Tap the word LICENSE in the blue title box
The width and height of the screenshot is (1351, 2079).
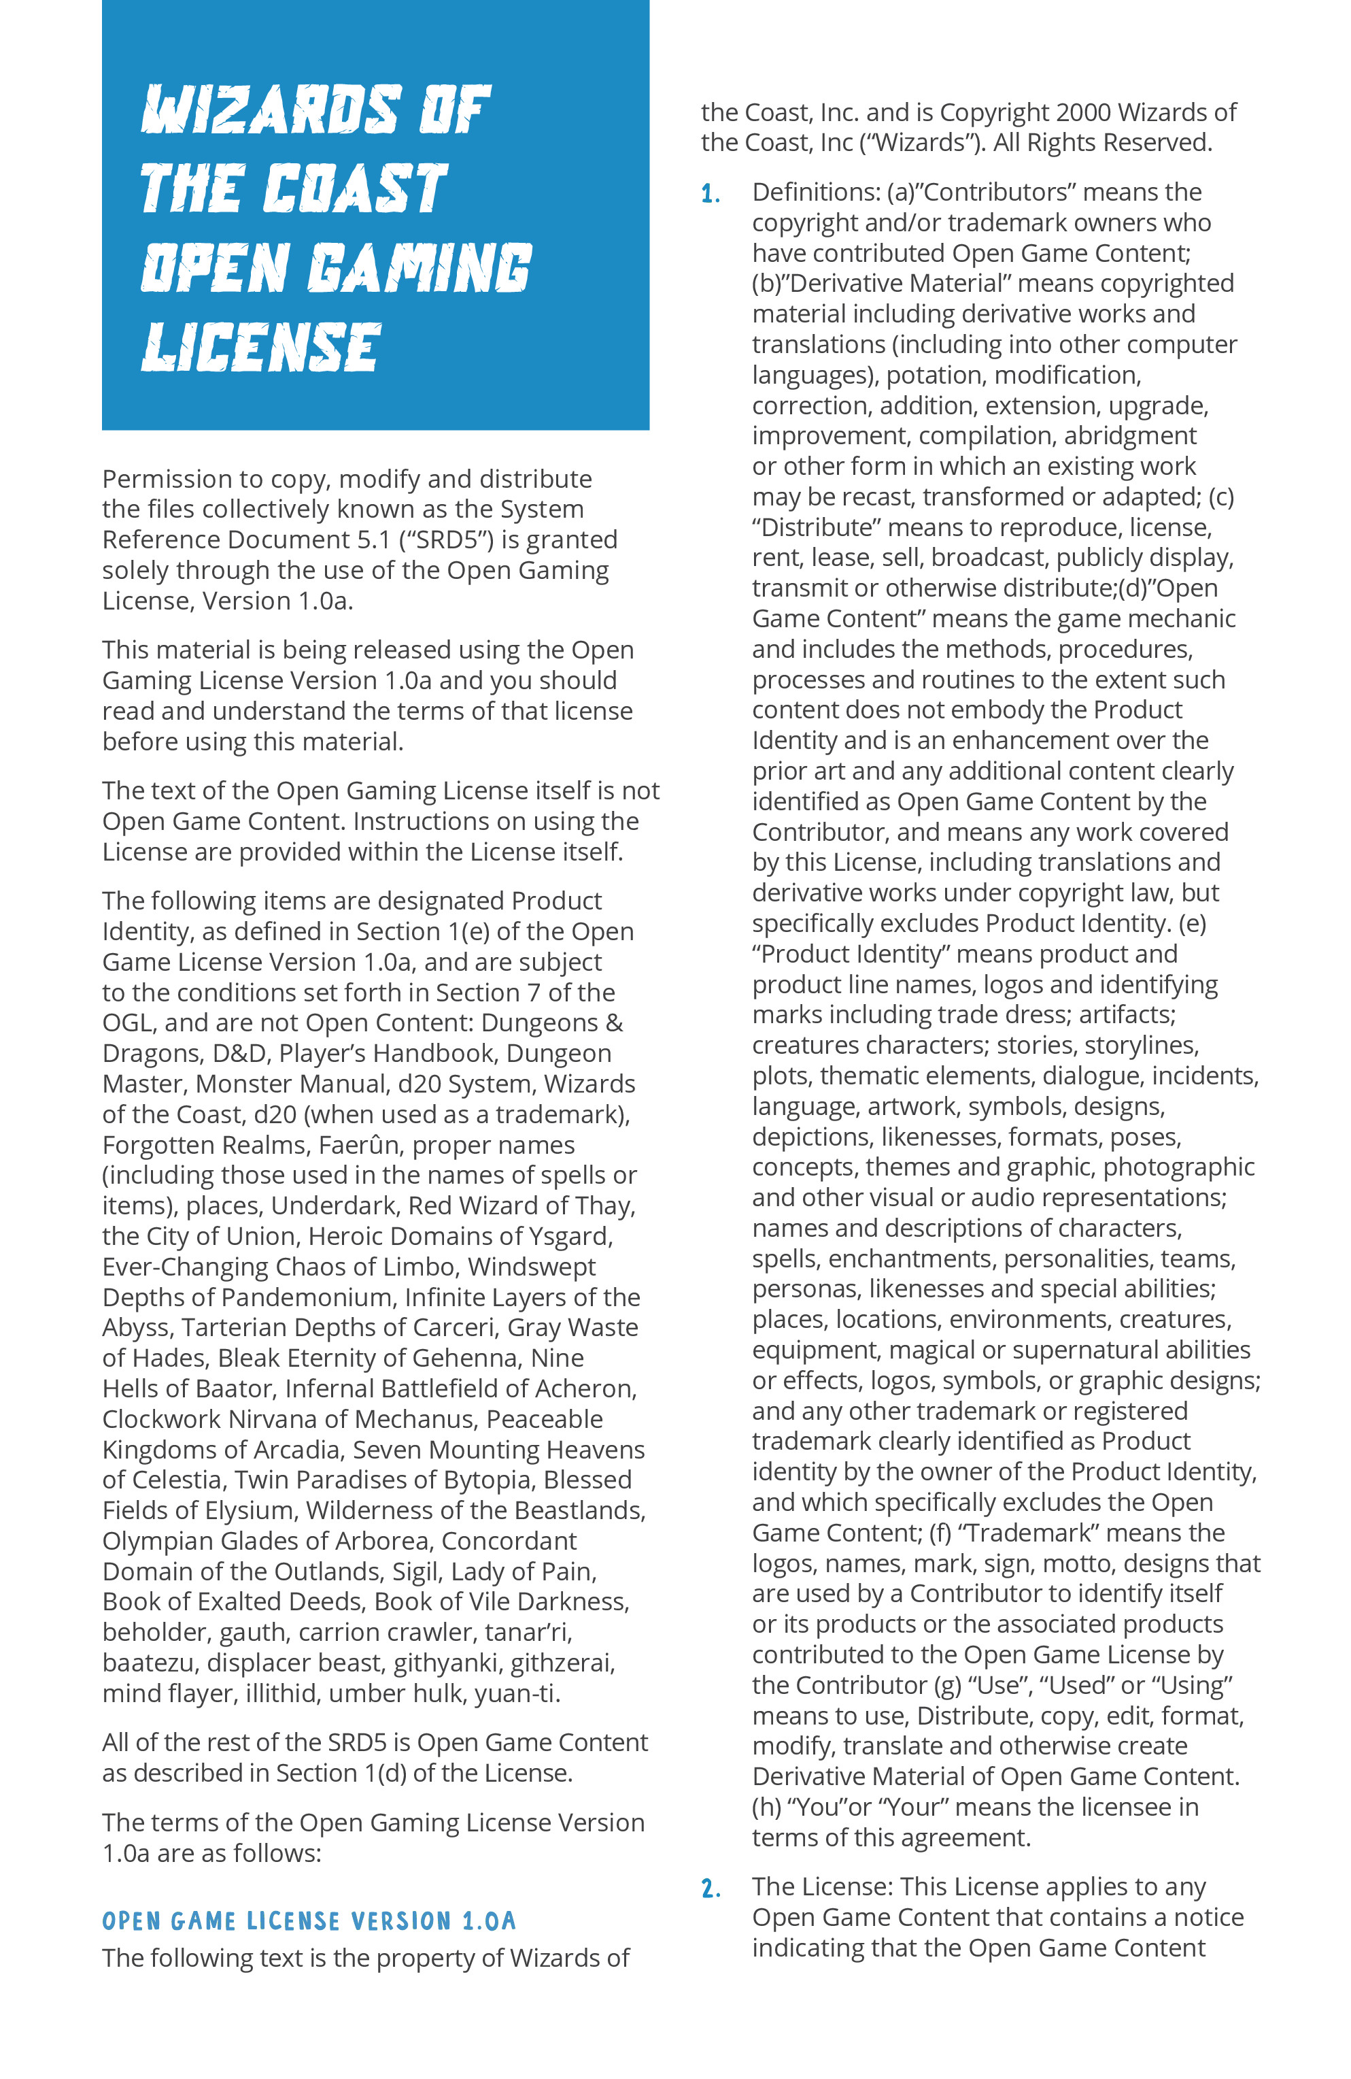click(261, 347)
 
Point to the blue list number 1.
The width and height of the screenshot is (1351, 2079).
click(710, 194)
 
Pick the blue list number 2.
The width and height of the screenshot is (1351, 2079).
click(710, 1889)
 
